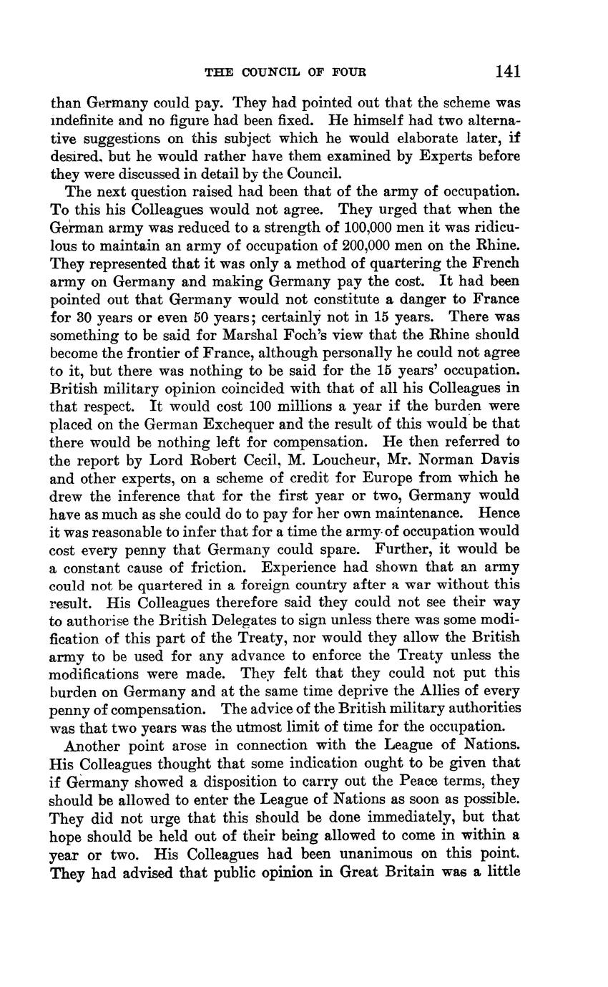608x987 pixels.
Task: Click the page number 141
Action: click(x=506, y=71)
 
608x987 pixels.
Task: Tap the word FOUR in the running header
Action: click(x=349, y=72)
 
